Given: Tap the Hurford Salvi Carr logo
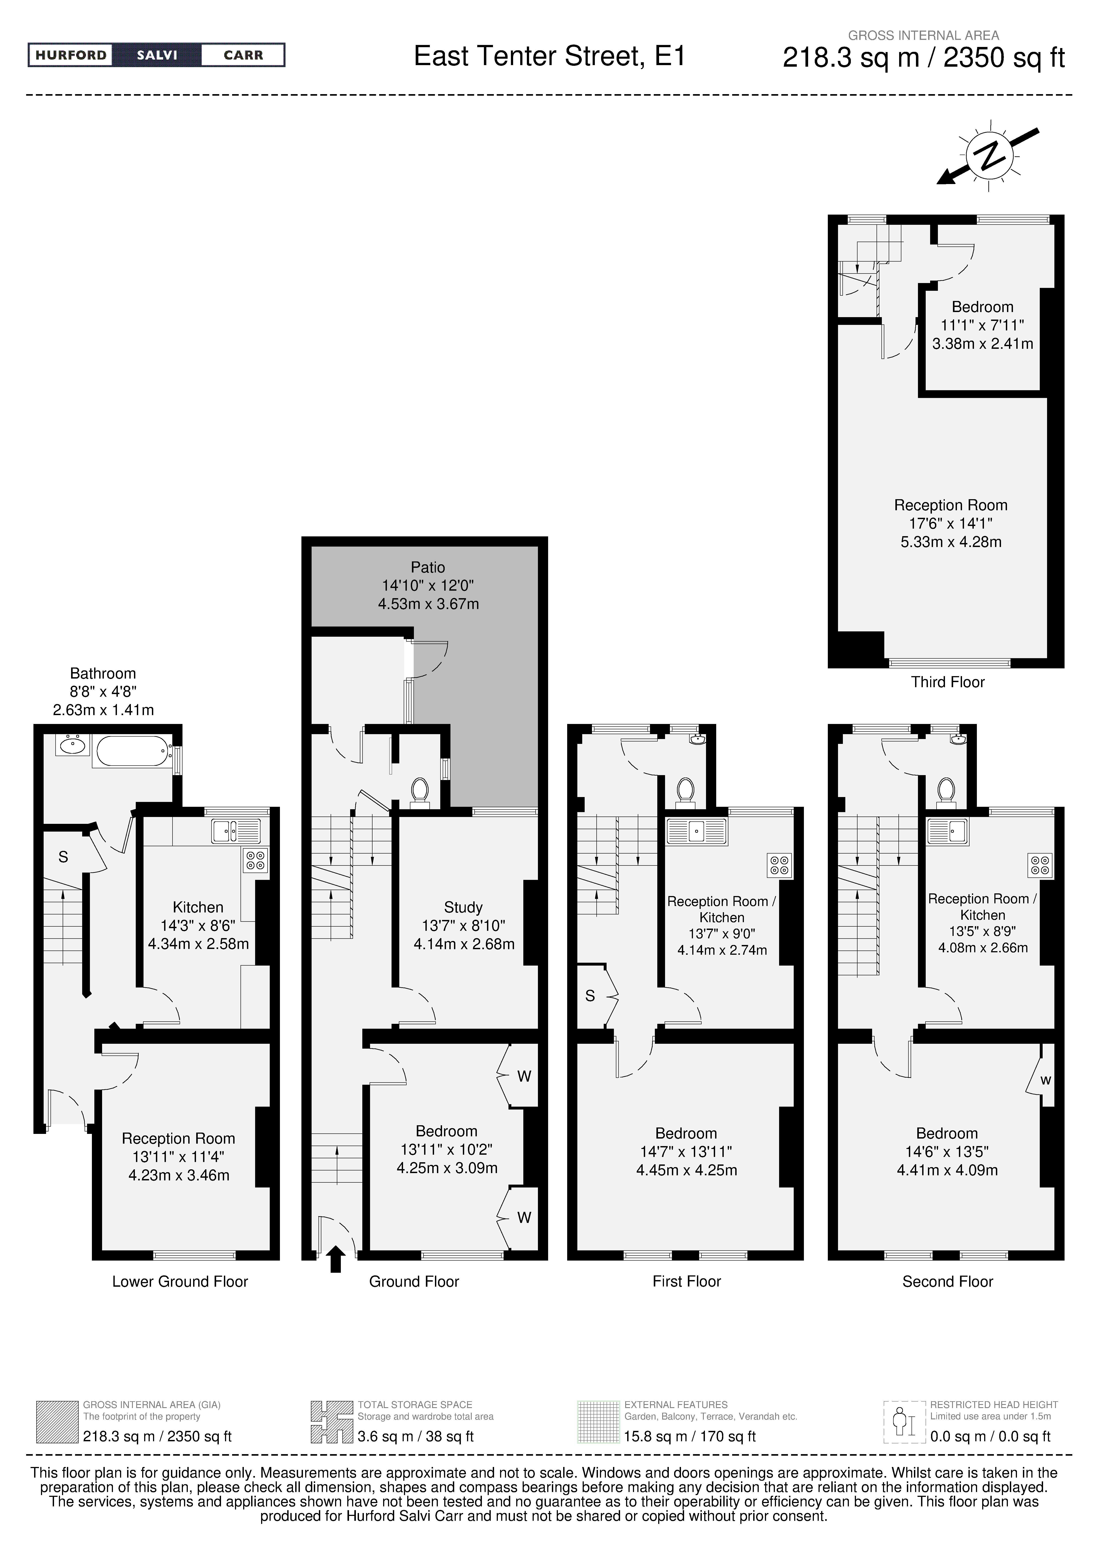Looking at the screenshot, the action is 156,55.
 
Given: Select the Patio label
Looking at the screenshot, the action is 428,567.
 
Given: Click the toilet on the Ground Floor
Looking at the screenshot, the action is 420,793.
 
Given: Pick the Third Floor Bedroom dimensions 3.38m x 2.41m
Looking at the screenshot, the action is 982,344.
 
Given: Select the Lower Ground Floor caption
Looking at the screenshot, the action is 180,1281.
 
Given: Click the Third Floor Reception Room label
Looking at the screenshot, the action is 951,505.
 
